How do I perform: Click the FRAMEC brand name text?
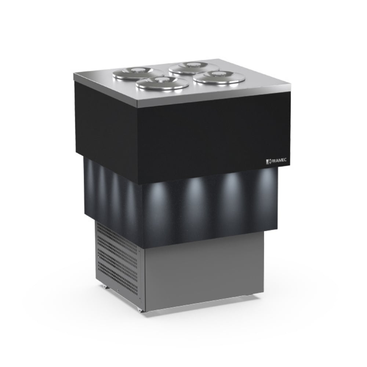click(x=279, y=161)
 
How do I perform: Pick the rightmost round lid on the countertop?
click(x=219, y=77)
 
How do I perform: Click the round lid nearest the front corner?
click(x=162, y=83)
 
